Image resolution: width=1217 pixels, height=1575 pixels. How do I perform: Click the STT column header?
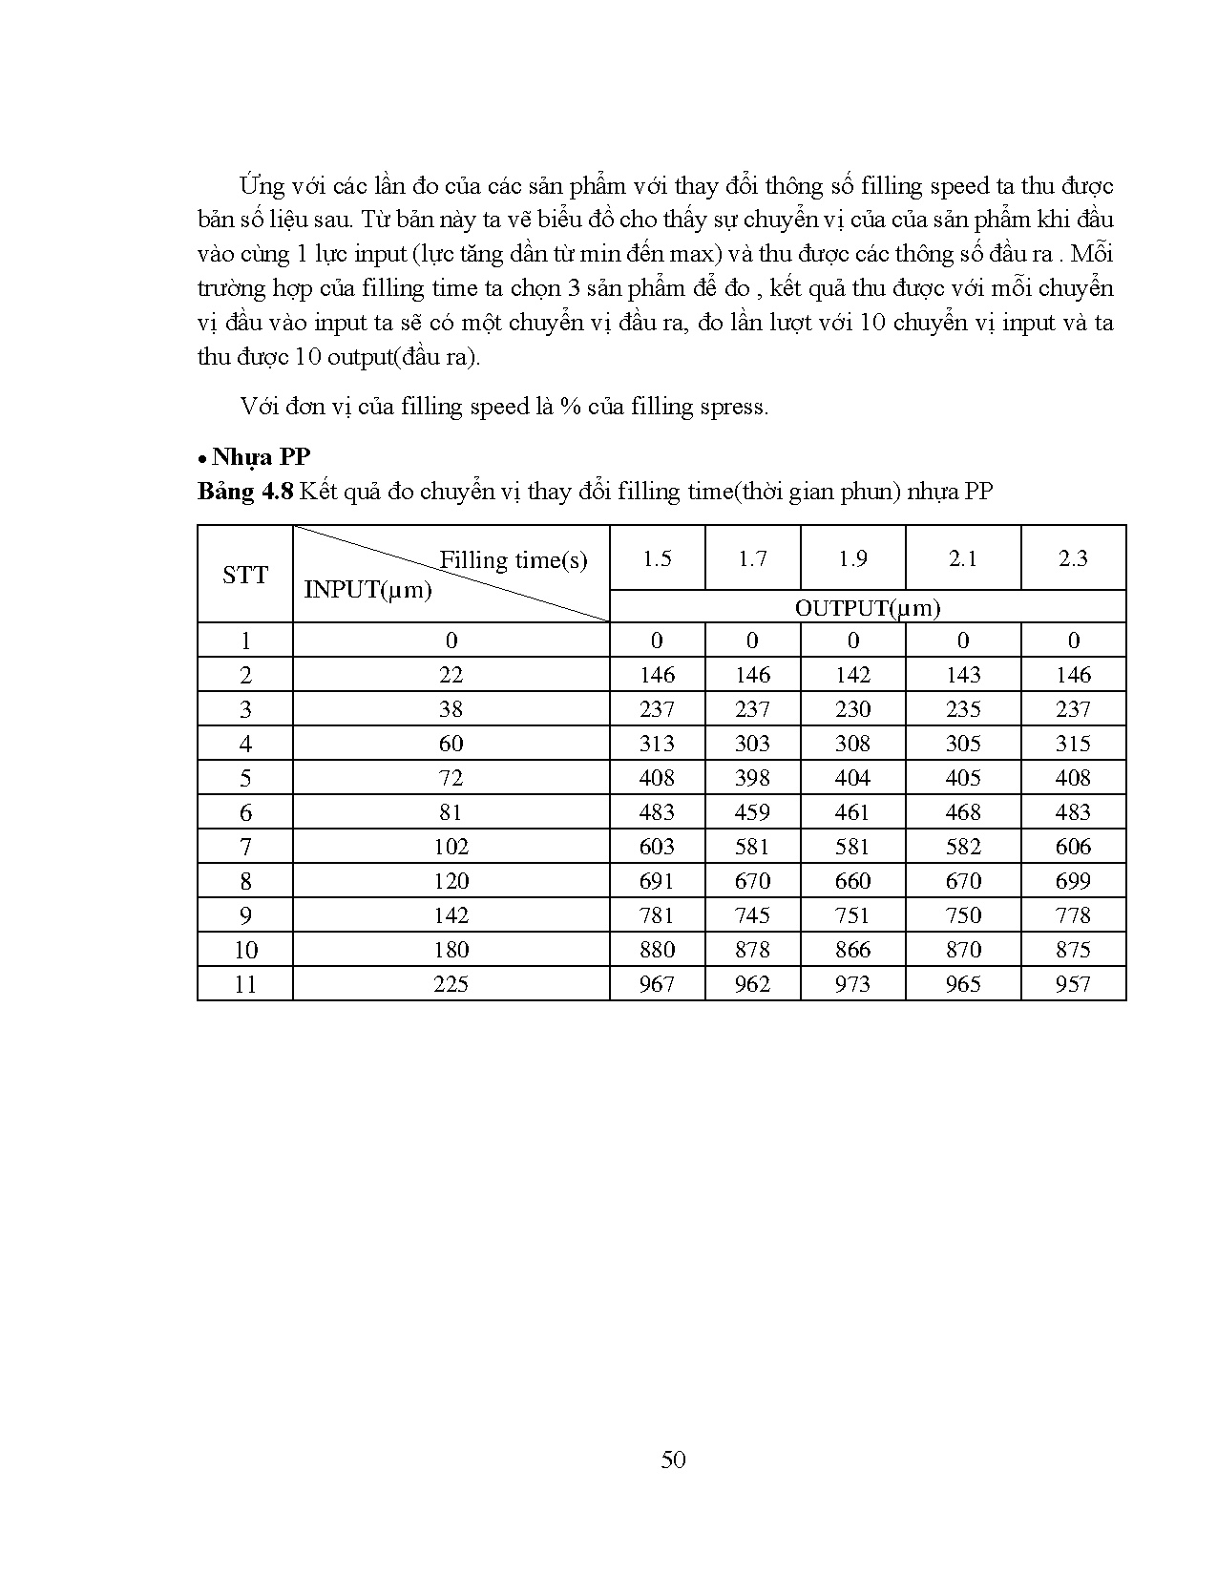[245, 575]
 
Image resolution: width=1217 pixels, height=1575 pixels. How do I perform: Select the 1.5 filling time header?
[657, 558]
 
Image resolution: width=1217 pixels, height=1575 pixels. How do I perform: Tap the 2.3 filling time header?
[1073, 558]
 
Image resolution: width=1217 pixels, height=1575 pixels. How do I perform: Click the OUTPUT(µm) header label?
[868, 607]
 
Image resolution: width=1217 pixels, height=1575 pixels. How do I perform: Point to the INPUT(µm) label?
[367, 589]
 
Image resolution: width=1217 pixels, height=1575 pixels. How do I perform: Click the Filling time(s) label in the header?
[513, 559]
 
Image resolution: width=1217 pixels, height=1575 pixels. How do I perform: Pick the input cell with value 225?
[451, 983]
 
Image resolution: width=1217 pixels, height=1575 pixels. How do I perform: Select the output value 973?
[852, 983]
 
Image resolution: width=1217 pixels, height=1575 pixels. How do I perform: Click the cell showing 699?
[1073, 880]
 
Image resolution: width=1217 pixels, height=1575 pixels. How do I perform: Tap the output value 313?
[657, 743]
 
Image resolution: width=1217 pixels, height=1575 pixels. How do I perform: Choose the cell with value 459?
[752, 811]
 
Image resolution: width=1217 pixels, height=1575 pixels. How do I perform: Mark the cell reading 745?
[752, 914]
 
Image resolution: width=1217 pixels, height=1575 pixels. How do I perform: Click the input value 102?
[451, 846]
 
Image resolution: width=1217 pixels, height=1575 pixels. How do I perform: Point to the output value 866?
[852, 949]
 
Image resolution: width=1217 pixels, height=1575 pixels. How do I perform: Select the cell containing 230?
[852, 708]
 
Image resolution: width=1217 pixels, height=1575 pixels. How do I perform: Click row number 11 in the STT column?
[245, 983]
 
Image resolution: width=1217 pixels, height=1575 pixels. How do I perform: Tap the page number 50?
[673, 1459]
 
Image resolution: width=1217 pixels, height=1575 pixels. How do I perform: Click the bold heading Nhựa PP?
[262, 456]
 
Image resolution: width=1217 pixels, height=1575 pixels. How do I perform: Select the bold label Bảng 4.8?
[244, 492]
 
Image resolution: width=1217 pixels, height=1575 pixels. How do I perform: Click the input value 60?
[451, 743]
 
